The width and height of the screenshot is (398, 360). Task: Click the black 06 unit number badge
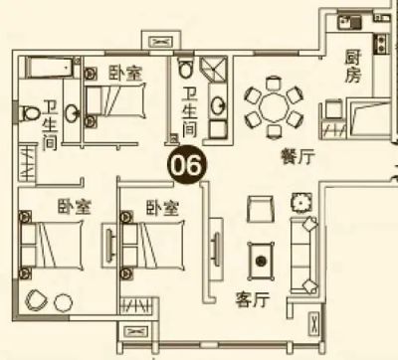coord(187,164)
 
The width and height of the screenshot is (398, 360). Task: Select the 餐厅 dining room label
coord(298,156)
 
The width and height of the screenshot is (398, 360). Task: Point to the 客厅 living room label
coord(252,300)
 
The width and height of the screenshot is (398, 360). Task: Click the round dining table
coord(274,107)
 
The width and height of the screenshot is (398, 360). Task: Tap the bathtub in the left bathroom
coord(53,68)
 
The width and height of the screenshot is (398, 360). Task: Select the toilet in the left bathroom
coord(29,113)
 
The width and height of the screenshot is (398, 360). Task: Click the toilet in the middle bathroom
coord(185,68)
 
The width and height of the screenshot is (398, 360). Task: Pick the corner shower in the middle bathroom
coord(214,70)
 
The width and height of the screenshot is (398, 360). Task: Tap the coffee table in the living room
coord(262,261)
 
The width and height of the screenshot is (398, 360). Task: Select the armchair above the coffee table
coord(261,209)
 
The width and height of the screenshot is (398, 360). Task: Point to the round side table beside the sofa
coord(301,203)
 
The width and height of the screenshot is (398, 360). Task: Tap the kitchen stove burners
coord(381,44)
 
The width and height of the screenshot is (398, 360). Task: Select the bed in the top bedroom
coord(115,100)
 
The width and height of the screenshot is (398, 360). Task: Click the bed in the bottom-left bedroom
coord(52,245)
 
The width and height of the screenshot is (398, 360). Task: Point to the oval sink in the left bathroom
coord(72,113)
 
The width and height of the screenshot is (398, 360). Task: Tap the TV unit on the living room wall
coord(216,243)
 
